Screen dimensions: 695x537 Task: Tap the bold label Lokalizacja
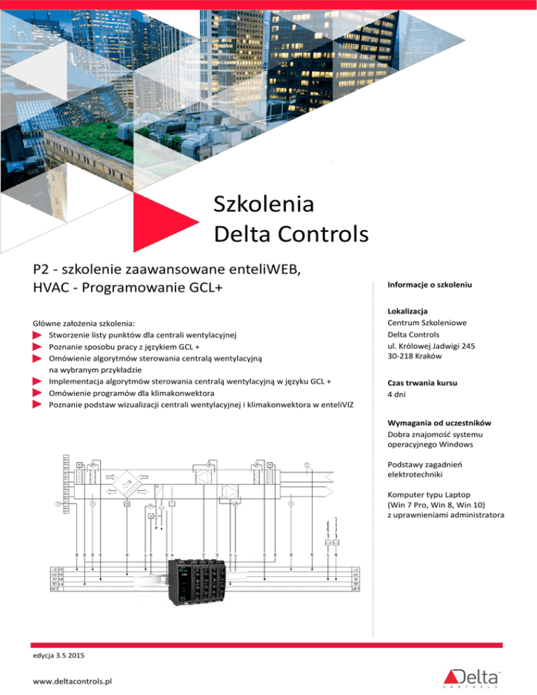pos(405,310)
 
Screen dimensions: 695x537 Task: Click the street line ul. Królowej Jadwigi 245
pos(431,345)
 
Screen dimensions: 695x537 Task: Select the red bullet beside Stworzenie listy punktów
pos(38,336)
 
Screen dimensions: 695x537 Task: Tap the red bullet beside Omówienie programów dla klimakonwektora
pos(38,394)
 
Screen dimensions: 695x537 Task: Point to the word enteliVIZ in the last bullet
pos(341,405)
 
